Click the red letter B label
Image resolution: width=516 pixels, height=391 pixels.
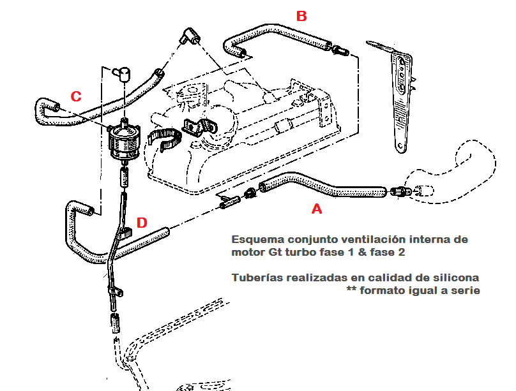coord(301,16)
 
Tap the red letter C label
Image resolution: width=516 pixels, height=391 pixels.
coord(75,96)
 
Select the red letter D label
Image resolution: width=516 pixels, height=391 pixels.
coord(142,223)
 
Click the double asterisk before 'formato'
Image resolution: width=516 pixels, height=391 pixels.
coord(351,291)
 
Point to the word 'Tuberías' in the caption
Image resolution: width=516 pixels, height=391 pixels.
coord(257,278)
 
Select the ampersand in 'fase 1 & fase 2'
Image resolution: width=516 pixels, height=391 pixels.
coord(366,252)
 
